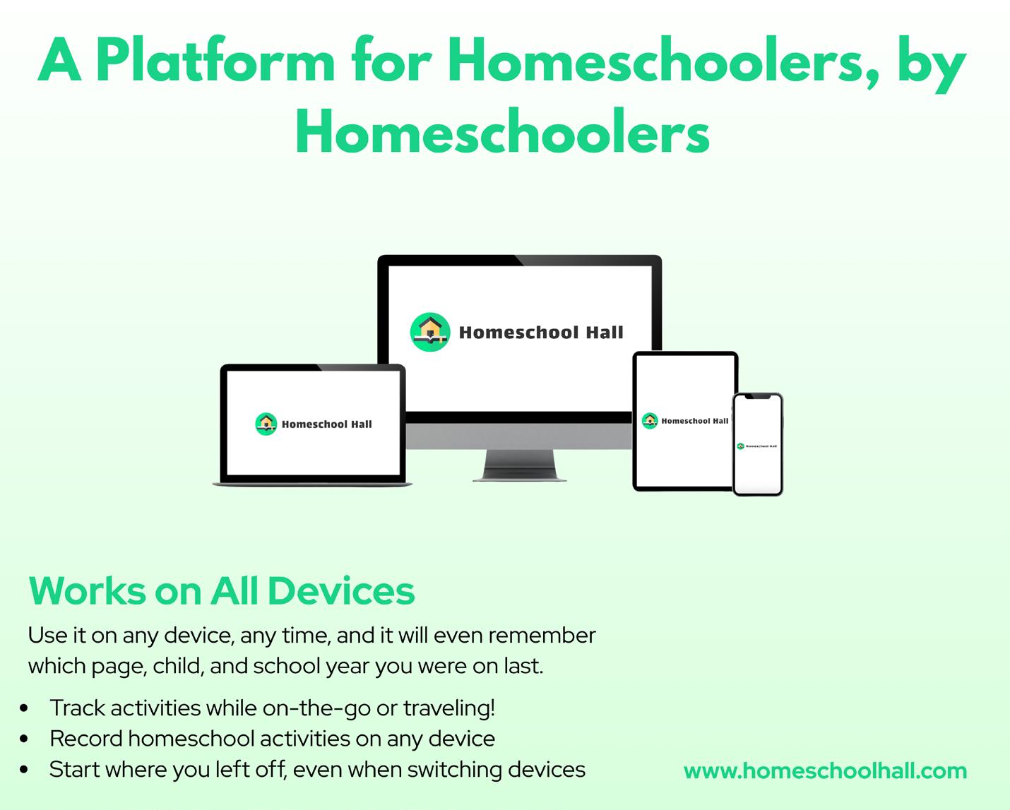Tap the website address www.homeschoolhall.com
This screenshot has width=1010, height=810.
point(825,770)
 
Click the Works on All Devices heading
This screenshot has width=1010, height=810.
point(222,591)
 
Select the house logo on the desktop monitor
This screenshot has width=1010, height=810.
point(430,332)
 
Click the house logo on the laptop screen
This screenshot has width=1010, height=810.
point(266,424)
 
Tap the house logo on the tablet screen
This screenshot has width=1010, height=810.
point(650,420)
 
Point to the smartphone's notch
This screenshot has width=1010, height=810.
point(758,397)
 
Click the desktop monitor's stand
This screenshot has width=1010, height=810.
point(520,465)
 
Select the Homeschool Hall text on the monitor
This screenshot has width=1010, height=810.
point(541,332)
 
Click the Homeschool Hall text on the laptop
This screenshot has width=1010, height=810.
point(326,424)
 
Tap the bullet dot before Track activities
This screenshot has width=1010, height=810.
point(24,708)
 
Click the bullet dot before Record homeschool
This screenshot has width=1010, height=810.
point(24,739)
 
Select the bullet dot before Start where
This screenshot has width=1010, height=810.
point(24,770)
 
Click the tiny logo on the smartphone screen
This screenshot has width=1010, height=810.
point(741,446)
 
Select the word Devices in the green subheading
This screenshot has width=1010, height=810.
point(341,591)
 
